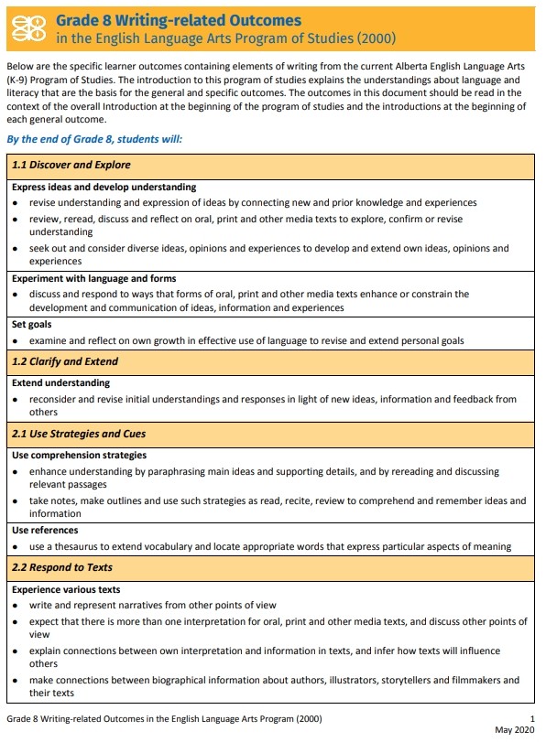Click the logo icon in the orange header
[x=32, y=27]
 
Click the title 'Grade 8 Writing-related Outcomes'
[x=179, y=19]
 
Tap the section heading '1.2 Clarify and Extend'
[x=65, y=361]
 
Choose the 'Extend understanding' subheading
[x=60, y=383]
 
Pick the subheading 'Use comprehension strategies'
[x=79, y=455]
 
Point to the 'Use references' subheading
[x=45, y=530]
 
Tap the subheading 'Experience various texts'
[x=66, y=589]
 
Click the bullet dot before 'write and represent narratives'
[x=16, y=606]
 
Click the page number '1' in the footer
[x=532, y=718]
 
